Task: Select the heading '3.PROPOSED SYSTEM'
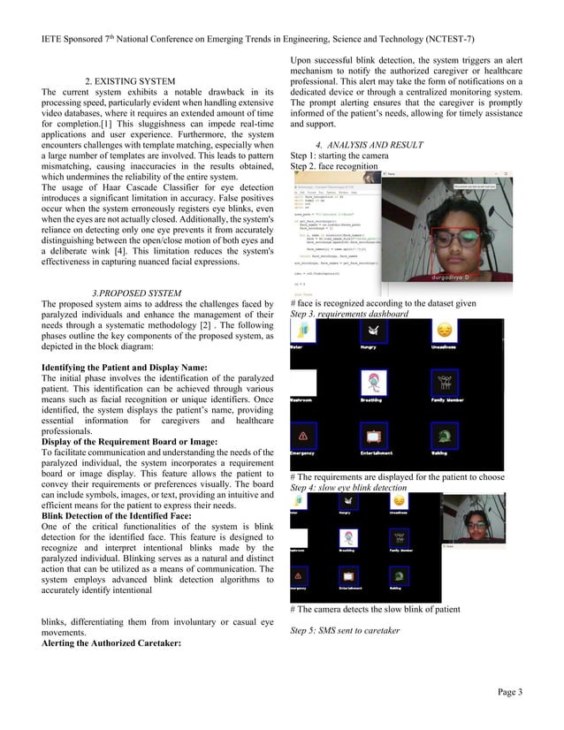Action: (136, 293)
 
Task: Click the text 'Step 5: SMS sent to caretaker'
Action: (345, 630)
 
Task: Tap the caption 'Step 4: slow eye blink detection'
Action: (349, 488)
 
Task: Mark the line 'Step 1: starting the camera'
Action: (339, 156)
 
